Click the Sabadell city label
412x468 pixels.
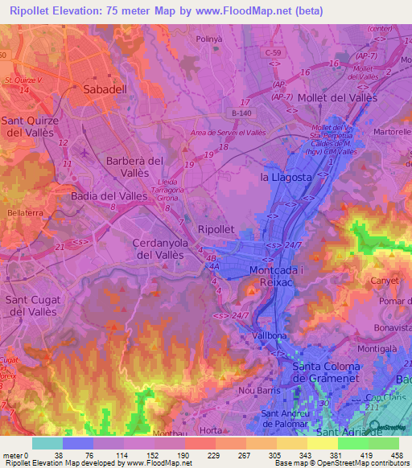105,91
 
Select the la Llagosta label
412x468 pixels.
285,176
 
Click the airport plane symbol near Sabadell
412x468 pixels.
86,150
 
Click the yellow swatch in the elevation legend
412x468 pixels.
322,443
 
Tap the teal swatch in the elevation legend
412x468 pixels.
46,443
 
